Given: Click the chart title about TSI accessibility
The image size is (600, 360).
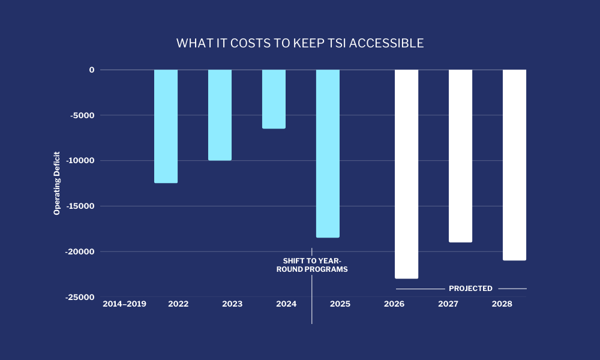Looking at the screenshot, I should coord(300,43).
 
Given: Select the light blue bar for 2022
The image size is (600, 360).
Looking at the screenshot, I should coord(166,126).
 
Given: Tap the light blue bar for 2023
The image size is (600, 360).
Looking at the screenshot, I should coord(220,115).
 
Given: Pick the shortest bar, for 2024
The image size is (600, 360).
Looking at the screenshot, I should coord(274,99).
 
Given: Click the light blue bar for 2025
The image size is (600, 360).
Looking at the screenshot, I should coord(328,154).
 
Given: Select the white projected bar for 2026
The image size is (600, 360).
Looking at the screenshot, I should coord(406,174).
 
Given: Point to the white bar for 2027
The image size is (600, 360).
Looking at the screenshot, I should coord(460,156).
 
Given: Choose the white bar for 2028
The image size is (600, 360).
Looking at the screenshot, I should coord(514,165).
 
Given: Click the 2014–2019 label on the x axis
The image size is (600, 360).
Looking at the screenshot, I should coord(124,304).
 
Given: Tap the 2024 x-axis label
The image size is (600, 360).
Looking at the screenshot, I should coord(286,304).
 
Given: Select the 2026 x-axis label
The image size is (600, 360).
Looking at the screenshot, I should coord(394,304).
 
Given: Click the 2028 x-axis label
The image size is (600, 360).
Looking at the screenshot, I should coord(502,304).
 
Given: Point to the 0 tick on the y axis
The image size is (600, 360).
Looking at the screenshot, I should coord(92,70).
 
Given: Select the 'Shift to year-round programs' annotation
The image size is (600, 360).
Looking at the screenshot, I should coord(312,265).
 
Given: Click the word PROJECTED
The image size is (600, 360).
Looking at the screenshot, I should coord(470,289).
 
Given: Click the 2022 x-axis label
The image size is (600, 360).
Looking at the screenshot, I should coord(178,304).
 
